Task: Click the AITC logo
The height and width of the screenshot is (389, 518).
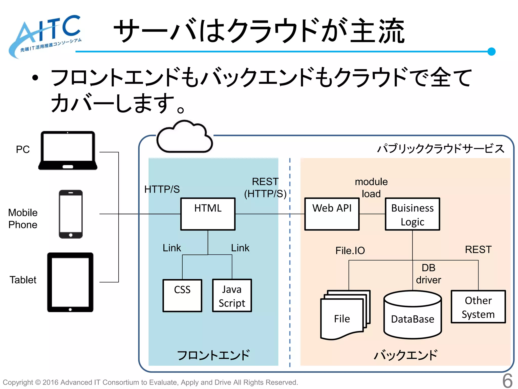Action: pos(46,35)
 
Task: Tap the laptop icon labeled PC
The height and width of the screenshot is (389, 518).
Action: pos(68,151)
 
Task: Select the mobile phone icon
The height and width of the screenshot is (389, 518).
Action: pos(71,214)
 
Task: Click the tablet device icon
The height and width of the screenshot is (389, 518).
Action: pos(70,282)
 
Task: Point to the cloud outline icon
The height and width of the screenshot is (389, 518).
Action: pos(184,138)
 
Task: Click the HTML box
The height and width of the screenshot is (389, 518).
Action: pos(208,214)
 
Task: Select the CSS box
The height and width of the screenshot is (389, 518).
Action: pos(182,296)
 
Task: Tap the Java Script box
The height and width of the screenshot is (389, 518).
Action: pos(232,296)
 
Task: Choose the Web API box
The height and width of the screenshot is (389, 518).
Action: pos(332,214)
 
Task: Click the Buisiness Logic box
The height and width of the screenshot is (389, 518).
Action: pos(412,214)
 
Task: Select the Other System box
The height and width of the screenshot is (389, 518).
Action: pos(478,307)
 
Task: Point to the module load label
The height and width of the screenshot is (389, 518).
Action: pos(371,188)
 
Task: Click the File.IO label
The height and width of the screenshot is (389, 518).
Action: pos(350,250)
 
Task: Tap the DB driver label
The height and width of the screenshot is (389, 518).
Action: pos(428,274)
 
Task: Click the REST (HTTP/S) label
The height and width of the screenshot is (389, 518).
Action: pos(265,188)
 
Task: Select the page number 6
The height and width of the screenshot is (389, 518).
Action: pos(507,380)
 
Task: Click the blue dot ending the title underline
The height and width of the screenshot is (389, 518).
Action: pos(491,51)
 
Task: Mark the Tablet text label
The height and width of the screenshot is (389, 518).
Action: pos(23,280)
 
